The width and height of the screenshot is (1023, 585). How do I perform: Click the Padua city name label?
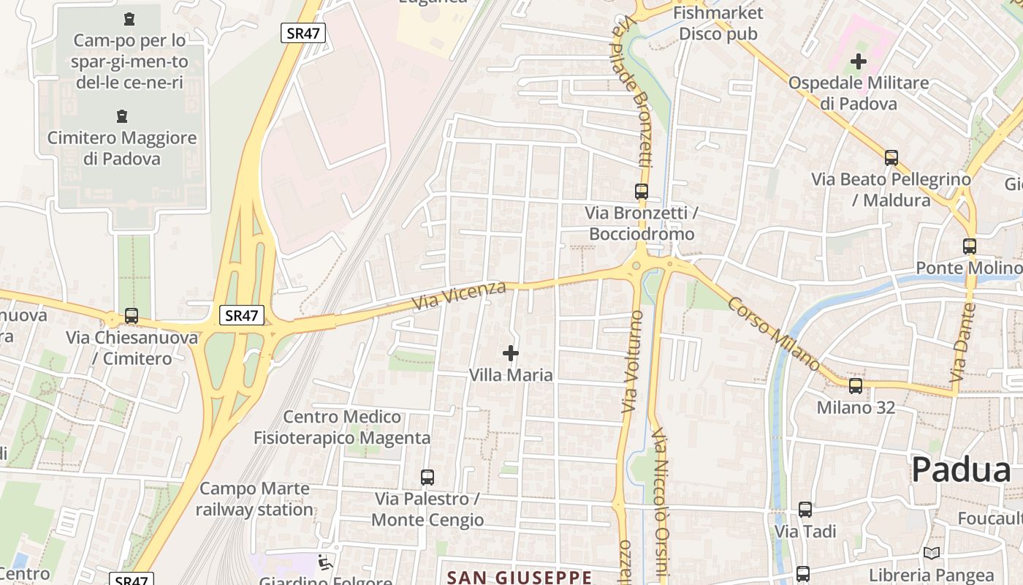[962, 469]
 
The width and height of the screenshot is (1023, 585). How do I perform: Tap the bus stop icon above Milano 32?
[856, 386]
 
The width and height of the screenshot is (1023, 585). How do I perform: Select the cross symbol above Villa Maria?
[511, 354]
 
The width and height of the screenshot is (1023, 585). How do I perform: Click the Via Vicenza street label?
[459, 294]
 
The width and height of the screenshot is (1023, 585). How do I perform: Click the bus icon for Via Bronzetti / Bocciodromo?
[642, 192]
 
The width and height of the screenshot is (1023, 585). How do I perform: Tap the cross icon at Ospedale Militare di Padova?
[859, 61]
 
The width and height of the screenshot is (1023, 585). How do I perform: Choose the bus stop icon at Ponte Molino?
[970, 246]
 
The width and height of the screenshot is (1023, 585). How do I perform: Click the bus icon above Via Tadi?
[805, 510]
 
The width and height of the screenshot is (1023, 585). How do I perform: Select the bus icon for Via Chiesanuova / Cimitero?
[132, 316]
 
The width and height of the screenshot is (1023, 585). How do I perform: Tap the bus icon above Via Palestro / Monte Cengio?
[427, 478]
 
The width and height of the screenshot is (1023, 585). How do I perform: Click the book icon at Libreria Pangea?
[931, 554]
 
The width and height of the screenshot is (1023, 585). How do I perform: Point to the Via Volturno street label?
[633, 361]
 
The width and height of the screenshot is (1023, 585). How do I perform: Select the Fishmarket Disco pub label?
[718, 23]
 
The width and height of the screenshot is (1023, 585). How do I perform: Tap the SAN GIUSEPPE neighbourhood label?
[520, 578]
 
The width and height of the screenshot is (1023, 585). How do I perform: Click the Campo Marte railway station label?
[256, 499]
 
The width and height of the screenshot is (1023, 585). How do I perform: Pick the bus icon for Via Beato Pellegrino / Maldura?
[891, 157]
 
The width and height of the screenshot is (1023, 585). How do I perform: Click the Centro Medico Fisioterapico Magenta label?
[342, 427]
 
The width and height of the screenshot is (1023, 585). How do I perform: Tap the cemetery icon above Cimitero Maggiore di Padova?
[122, 116]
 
